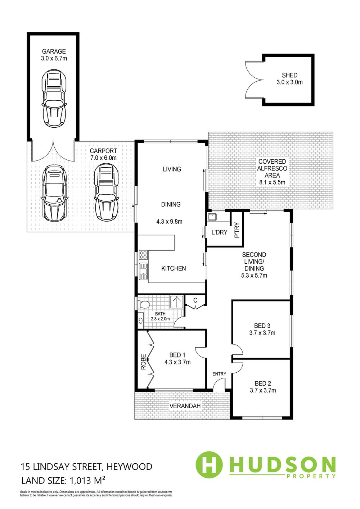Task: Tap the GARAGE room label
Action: pyautogui.click(x=54, y=51)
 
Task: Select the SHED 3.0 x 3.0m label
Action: pyautogui.click(x=289, y=78)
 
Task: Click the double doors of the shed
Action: pyautogui.click(x=254, y=80)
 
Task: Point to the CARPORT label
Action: pyautogui.click(x=103, y=151)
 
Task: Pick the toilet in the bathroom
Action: pyautogui.click(x=144, y=304)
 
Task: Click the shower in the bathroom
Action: pyautogui.click(x=177, y=302)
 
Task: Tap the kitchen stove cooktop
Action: pyautogui.click(x=143, y=255)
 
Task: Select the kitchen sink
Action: pyautogui.click(x=143, y=271)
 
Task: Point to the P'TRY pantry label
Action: pyautogui.click(x=237, y=230)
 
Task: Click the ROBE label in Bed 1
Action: pyautogui.click(x=143, y=365)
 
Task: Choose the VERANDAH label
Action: pyautogui.click(x=185, y=406)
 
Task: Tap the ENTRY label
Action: pyautogui.click(x=220, y=374)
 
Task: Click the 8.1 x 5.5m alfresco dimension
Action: pyautogui.click(x=272, y=182)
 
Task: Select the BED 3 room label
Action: pyautogui.click(x=262, y=326)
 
